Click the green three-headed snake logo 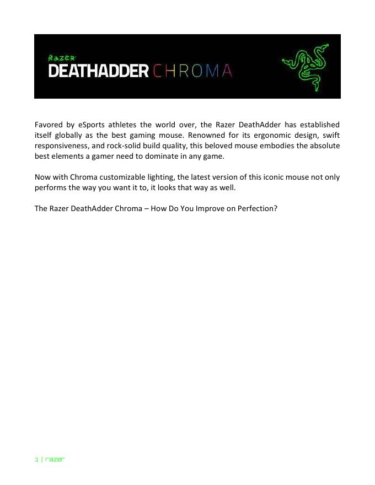coord(304,67)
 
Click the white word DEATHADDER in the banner coord(98,72)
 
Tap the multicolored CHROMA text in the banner coord(192,72)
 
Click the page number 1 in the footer coord(36,459)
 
